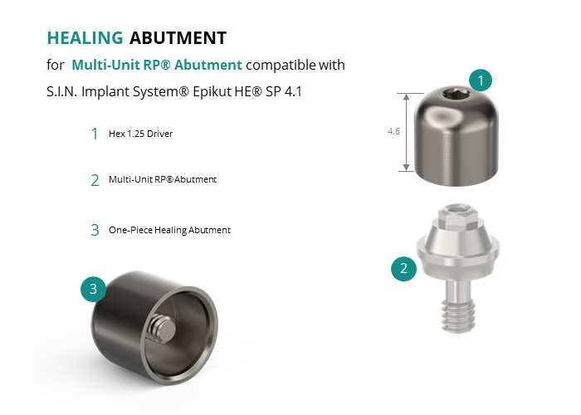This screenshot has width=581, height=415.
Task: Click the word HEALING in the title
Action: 85,38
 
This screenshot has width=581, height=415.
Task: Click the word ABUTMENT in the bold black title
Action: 178,38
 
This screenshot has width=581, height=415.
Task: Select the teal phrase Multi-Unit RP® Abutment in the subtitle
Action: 157,65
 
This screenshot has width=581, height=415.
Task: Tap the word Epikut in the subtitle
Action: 212,91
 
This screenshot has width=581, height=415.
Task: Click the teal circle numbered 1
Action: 481,81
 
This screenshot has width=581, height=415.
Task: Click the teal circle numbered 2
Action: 404,268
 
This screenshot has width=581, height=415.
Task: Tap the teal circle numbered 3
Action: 93,289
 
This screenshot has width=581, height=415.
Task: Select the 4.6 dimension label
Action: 393,131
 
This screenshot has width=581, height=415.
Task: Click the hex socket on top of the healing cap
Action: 456,95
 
